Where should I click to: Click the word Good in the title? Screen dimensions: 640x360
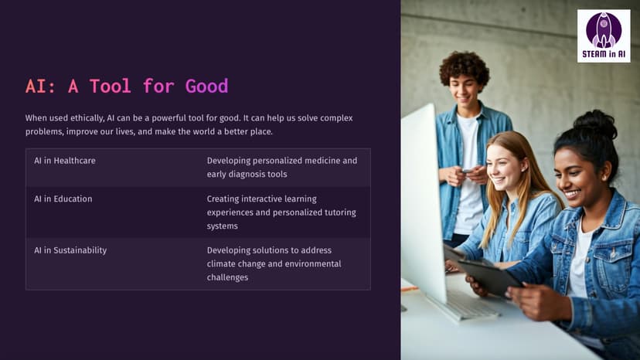206,86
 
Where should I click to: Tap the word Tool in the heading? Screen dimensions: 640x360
111,86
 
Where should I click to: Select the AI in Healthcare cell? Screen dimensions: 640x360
65,161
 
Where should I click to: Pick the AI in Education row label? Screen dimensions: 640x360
63,199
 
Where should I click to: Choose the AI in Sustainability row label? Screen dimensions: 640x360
70,250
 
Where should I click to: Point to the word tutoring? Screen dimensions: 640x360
340,212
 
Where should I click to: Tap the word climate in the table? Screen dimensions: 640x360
223,264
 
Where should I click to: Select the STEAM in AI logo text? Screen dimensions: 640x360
604,54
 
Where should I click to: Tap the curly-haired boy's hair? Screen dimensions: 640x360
465,66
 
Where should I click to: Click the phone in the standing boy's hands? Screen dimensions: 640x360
468,170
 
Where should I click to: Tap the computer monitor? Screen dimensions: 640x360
424,204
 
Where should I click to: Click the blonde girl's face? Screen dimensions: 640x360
504,168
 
